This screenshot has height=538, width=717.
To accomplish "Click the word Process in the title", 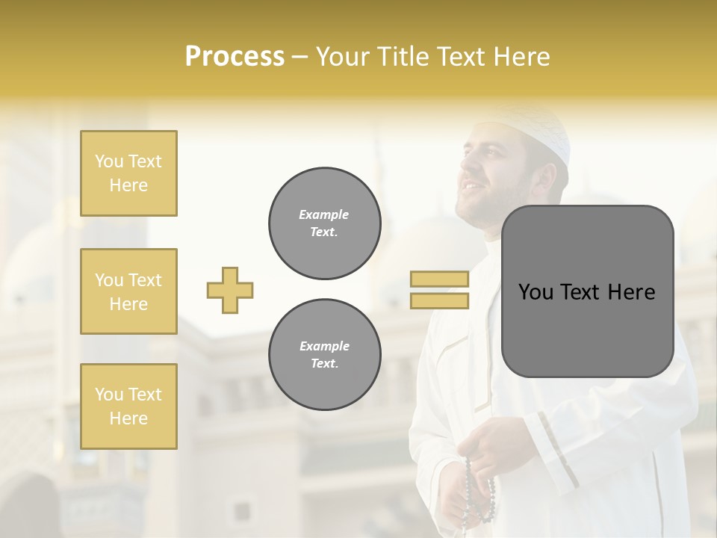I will tap(235, 57).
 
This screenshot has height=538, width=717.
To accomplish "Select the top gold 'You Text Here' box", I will tap(128, 173).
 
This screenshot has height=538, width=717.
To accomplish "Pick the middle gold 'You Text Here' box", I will tap(128, 291).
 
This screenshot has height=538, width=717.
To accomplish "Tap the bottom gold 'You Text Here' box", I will tap(128, 406).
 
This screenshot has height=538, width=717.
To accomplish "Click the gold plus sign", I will tap(230, 290).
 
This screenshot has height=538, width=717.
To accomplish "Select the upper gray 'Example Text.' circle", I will tap(324, 223).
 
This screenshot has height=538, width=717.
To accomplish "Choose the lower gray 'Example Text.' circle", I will tap(324, 355).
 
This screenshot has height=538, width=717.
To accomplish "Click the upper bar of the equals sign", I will tap(439, 279).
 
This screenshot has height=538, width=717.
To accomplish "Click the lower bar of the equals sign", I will tap(439, 300).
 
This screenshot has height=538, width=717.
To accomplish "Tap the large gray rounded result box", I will tap(587, 291).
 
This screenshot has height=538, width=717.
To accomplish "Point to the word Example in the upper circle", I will tap(324, 214).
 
